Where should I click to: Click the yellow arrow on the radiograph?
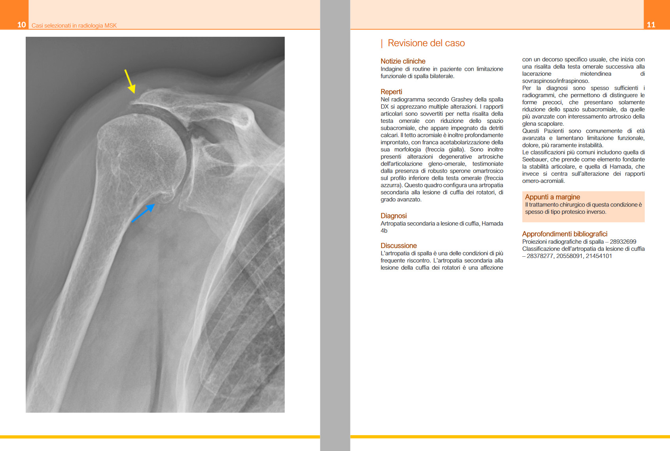tap(130, 81)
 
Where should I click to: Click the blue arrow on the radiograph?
tap(143, 213)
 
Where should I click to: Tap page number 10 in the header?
tap(21, 24)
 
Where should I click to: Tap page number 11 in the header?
tap(651, 24)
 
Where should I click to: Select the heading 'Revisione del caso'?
tap(426, 43)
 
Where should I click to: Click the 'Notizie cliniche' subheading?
tap(403, 61)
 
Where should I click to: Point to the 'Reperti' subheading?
tap(391, 92)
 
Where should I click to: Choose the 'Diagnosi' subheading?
tap(394, 216)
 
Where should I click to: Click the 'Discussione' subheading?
tap(398, 246)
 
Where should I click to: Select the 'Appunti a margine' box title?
tap(552, 197)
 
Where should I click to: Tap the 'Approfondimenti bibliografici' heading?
tap(564, 234)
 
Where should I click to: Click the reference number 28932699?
tap(623, 242)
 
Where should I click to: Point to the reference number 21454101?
tap(599, 256)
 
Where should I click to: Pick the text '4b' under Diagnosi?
tap(384, 231)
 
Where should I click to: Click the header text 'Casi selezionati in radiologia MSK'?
tap(74, 26)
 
